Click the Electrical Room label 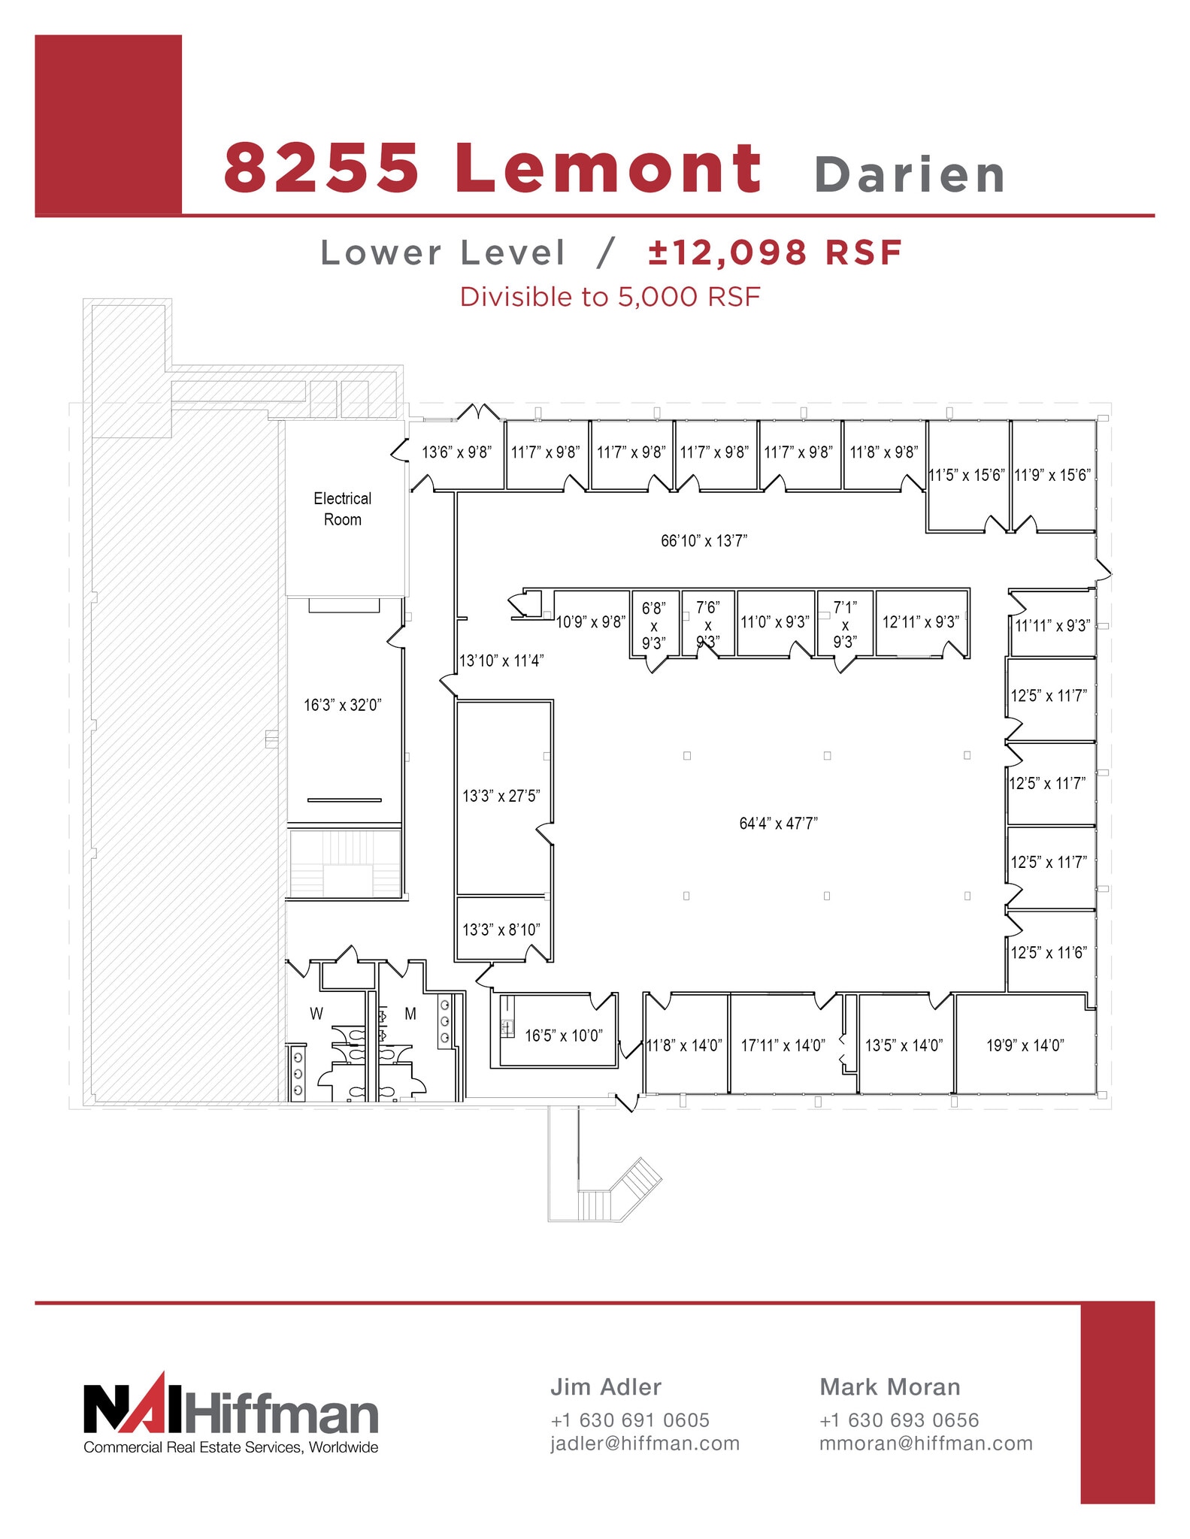[342, 509]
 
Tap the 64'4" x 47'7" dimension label [778, 823]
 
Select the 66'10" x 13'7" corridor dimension [704, 540]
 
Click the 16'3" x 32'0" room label [342, 705]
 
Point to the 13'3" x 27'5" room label [501, 796]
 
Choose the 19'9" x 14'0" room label [1025, 1045]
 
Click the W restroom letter [316, 1014]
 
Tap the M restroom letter [410, 1014]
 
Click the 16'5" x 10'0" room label [563, 1036]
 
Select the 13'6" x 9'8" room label [456, 452]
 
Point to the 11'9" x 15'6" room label [1052, 475]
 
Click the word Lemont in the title [608, 168]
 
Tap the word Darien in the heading [909, 175]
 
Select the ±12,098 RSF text [775, 252]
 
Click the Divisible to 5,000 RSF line [610, 297]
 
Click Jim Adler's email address [645, 1444]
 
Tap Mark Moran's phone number [899, 1420]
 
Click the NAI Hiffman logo [231, 1413]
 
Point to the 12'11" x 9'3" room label [920, 622]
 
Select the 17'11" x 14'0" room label [783, 1045]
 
